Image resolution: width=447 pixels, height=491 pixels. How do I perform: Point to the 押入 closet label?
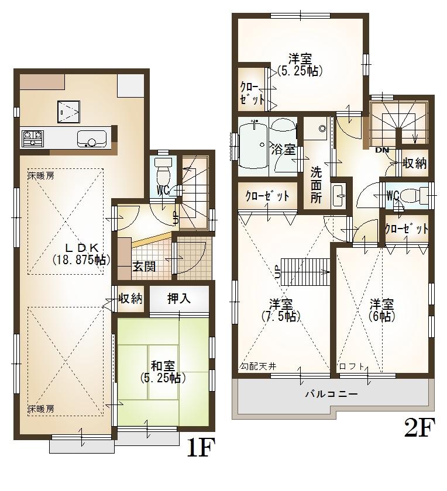179,299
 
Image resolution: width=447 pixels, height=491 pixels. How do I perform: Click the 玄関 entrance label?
143,267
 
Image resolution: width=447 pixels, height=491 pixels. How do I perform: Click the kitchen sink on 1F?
91,140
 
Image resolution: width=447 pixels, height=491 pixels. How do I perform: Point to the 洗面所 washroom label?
316,185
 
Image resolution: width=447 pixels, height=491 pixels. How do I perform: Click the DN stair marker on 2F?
382,150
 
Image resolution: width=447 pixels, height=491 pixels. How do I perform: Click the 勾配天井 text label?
257,366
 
